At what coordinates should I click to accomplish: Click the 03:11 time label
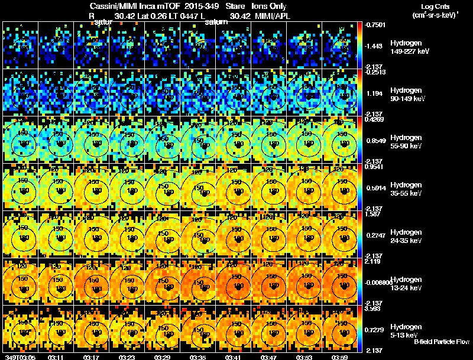[x=57, y=356]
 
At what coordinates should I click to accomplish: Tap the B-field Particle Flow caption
[x=441, y=342]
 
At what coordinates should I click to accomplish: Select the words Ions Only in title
[x=270, y=6]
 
